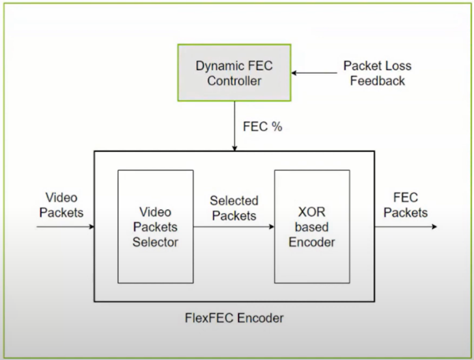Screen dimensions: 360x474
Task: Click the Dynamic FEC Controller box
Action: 234,73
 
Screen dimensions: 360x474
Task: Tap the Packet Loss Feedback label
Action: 377,73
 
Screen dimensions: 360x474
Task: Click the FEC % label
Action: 262,127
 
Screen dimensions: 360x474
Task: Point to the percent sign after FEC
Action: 276,127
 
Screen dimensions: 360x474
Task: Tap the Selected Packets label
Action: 233,208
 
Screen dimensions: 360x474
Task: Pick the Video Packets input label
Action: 61,205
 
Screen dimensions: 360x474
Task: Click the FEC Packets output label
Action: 406,205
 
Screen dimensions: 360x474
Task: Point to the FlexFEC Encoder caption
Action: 234,317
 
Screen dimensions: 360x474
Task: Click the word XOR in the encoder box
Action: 312,212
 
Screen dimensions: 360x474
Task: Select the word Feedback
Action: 377,81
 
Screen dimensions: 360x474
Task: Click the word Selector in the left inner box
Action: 155,242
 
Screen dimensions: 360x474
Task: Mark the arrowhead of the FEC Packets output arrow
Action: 434,227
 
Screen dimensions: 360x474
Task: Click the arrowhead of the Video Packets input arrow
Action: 92,227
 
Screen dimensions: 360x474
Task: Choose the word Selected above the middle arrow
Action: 233,201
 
